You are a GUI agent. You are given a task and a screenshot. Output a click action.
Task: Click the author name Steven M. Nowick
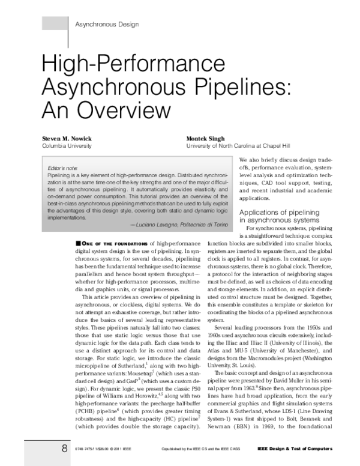[x=67, y=138]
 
